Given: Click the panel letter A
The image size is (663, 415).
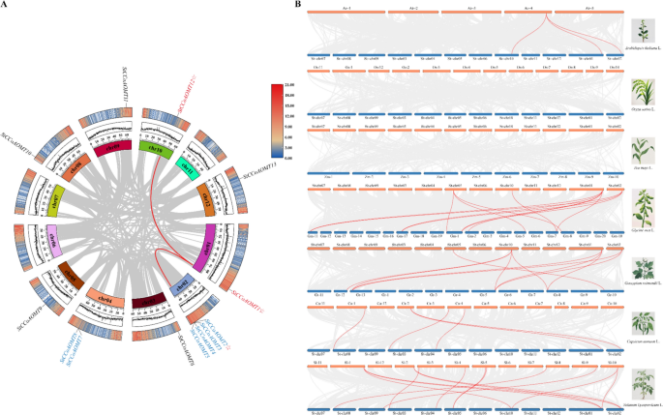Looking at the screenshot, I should (x=5, y=6).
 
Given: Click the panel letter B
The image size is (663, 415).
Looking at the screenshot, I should (x=297, y=6).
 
